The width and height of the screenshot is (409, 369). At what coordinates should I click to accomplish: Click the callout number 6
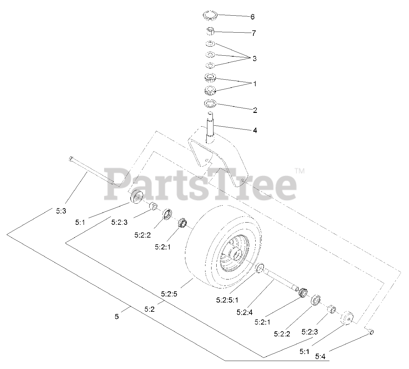[x=252, y=17]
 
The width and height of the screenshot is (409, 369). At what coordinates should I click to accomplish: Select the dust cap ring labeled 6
[x=211, y=16]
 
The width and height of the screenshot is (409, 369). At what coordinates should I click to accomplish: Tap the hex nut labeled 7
[x=210, y=32]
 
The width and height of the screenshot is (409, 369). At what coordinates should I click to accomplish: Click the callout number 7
[x=254, y=33]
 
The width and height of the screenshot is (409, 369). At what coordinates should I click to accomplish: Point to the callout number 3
[x=254, y=59]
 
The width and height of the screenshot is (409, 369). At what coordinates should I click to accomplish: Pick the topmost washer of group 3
[x=210, y=44]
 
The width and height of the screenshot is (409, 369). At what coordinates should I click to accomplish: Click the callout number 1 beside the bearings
[x=254, y=84]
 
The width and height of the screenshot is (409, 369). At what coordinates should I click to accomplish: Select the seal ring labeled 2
[x=210, y=104]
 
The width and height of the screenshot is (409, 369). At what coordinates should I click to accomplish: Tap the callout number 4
[x=255, y=130]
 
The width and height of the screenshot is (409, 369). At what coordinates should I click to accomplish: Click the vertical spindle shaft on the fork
[x=211, y=128]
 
